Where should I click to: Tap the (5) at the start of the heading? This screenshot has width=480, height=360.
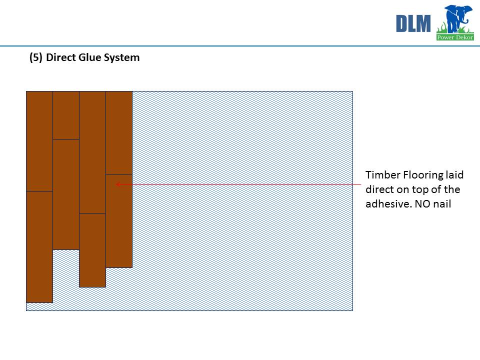[x=36, y=57]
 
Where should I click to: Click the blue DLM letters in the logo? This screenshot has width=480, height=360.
[x=413, y=23]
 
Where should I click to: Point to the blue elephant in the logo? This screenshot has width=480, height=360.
[x=456, y=18]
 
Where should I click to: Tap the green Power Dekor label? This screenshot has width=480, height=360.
[x=455, y=37]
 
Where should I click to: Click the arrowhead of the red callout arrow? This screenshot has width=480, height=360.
[x=118, y=184]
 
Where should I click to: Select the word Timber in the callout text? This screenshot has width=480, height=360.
[x=382, y=175]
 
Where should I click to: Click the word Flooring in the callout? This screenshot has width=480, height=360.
[x=423, y=175]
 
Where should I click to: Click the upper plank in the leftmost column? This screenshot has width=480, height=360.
[x=39, y=141]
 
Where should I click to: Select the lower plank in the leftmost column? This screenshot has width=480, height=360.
[x=39, y=247]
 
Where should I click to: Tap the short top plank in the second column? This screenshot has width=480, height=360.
[x=66, y=115]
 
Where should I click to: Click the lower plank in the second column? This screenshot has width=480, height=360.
[x=66, y=194]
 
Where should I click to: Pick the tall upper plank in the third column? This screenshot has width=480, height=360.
[x=92, y=152]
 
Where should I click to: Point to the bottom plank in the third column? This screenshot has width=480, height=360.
[x=92, y=250]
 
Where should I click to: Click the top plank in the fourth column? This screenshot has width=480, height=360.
[x=119, y=132]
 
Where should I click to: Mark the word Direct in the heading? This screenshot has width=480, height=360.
[x=61, y=57]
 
